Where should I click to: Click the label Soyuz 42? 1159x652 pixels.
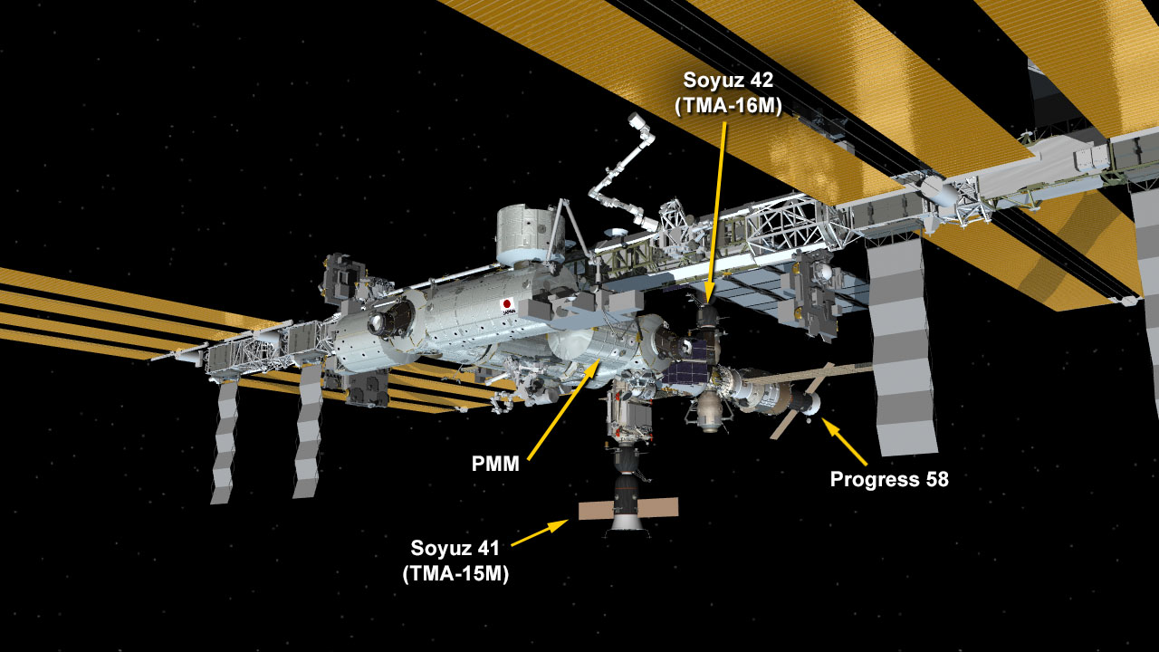(x=728, y=81)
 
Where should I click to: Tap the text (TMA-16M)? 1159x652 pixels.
(x=728, y=106)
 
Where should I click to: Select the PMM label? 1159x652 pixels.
(x=495, y=464)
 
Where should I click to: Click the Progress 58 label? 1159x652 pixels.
(x=889, y=479)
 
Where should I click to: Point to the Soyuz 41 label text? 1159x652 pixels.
(x=455, y=548)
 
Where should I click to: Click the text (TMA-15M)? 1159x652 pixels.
(x=455, y=573)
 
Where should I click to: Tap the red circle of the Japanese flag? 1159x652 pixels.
(x=507, y=303)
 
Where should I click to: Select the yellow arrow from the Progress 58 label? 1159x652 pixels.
(x=845, y=441)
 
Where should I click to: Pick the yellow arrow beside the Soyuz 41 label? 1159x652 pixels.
(x=539, y=533)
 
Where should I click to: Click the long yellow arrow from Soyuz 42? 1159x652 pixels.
(x=717, y=213)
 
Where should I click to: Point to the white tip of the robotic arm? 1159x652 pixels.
(x=635, y=120)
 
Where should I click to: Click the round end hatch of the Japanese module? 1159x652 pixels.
(x=383, y=322)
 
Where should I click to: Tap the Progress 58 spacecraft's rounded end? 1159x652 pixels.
(x=812, y=403)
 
